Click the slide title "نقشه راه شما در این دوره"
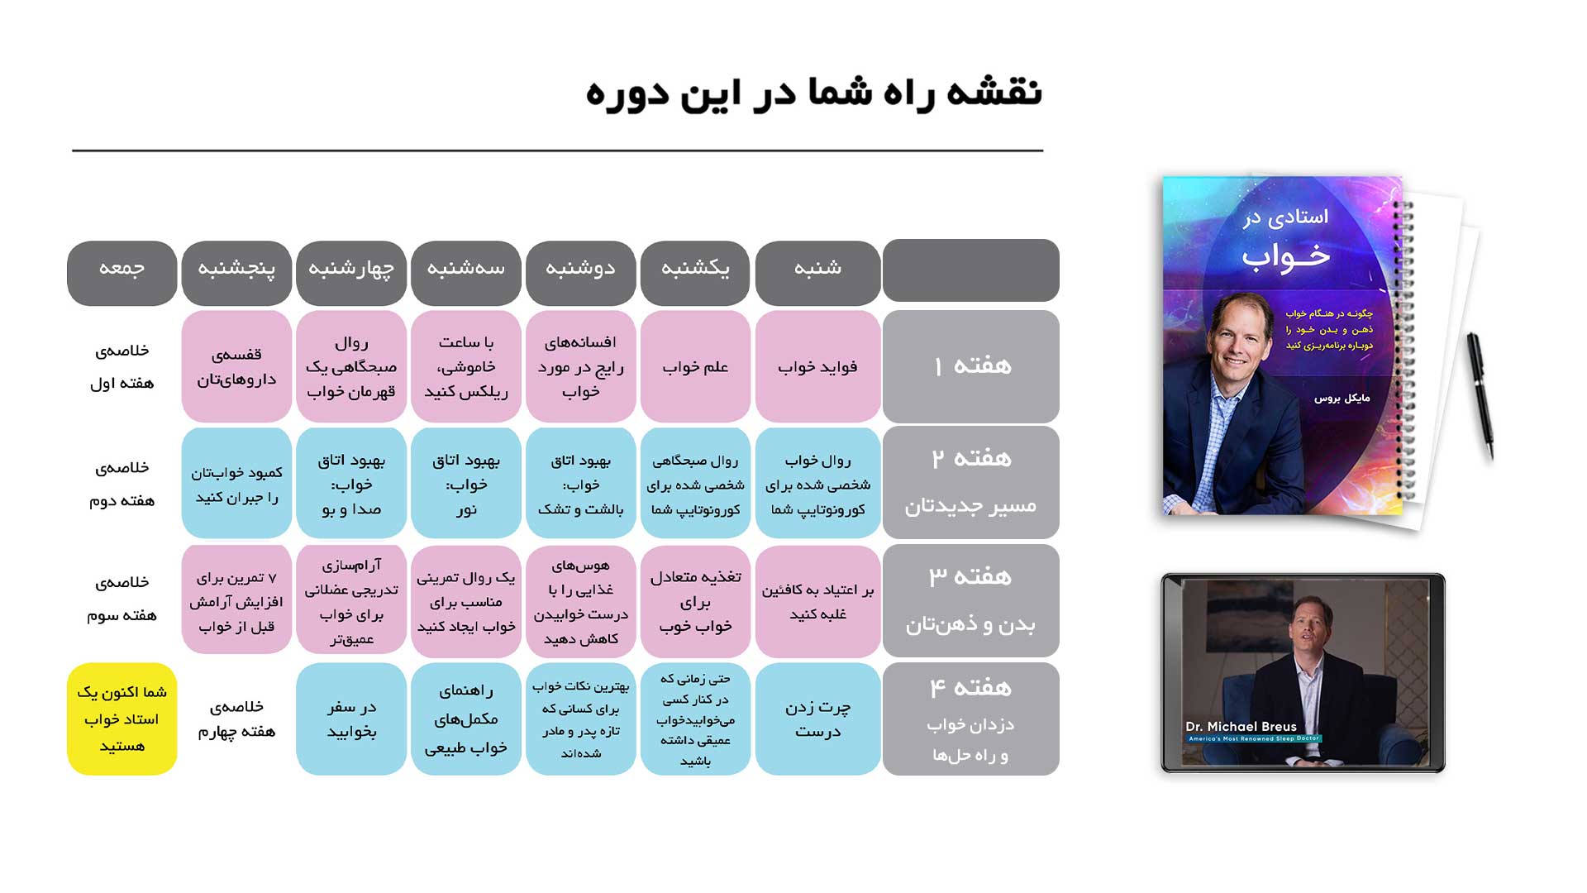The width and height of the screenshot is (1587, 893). pyautogui.click(x=813, y=93)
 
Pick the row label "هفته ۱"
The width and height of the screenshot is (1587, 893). pyautogui.click(x=970, y=366)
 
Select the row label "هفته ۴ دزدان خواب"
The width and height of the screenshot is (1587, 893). pyautogui.click(x=970, y=719)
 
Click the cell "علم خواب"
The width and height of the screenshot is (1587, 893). pyautogui.click(x=695, y=366)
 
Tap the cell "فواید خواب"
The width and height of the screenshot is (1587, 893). pyautogui.click(x=817, y=366)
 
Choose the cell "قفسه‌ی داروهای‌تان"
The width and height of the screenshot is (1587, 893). pyautogui.click(x=236, y=366)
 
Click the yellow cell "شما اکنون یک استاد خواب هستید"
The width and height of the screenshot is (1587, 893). pyautogui.click(x=122, y=719)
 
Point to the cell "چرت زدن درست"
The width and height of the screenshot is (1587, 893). pyautogui.click(x=817, y=719)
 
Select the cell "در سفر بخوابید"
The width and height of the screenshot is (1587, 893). pyautogui.click(x=351, y=719)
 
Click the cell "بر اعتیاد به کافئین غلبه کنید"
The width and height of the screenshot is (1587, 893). pyautogui.click(x=817, y=601)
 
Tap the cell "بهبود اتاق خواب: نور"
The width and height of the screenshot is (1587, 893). pyautogui.click(x=465, y=484)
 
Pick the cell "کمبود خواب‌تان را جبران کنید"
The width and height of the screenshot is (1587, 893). pyautogui.click(x=236, y=484)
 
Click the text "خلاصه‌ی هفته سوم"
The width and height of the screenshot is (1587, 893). pyautogui.click(x=122, y=599)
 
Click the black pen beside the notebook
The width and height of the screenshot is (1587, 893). pyautogui.click(x=1480, y=394)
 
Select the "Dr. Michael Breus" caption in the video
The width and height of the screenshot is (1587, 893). pyautogui.click(x=1241, y=727)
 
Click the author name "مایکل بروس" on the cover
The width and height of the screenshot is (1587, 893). pyautogui.click(x=1342, y=399)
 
